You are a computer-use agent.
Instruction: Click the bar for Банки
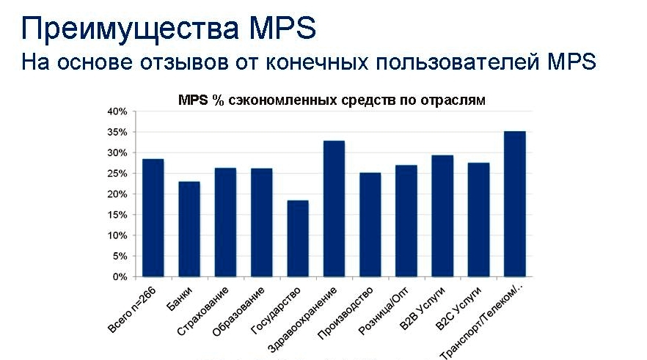click(189, 229)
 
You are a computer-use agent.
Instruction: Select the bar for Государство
click(298, 238)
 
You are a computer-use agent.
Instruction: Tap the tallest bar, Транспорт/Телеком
click(515, 204)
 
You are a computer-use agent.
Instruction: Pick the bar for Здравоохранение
click(334, 209)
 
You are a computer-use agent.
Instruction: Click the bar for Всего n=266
click(153, 218)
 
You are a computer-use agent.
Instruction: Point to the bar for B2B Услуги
click(442, 216)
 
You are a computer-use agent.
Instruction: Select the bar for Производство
click(370, 224)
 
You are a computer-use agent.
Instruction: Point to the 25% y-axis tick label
click(117, 174)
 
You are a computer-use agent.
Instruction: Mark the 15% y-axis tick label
click(117, 215)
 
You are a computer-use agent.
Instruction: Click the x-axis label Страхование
click(202, 311)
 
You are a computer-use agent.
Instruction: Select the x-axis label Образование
click(238, 312)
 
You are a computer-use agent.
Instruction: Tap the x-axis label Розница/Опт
click(384, 311)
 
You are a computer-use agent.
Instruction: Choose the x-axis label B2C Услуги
click(458, 309)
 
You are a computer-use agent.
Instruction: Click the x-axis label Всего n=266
click(132, 309)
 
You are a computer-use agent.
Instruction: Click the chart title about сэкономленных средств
click(332, 100)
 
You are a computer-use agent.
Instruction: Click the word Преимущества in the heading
click(130, 29)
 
